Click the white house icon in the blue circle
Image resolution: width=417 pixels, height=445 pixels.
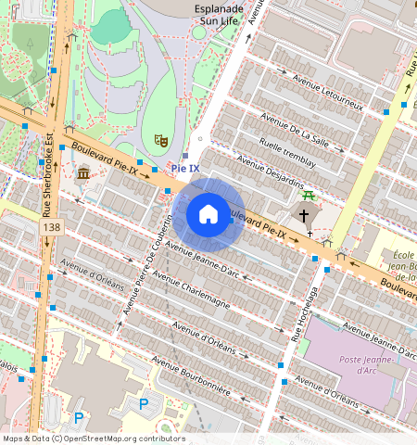click(208, 214)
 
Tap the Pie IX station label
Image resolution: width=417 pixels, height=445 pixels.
click(185, 168)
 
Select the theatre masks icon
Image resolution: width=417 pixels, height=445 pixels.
click(160, 141)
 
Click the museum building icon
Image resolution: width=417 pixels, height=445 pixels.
click(83, 173)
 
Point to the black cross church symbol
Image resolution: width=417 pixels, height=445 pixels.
click(303, 215)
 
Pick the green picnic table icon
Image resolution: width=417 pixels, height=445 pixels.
click(309, 195)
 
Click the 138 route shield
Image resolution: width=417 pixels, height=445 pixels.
click(52, 227)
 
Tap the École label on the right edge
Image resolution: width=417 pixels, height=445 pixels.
click(400, 256)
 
